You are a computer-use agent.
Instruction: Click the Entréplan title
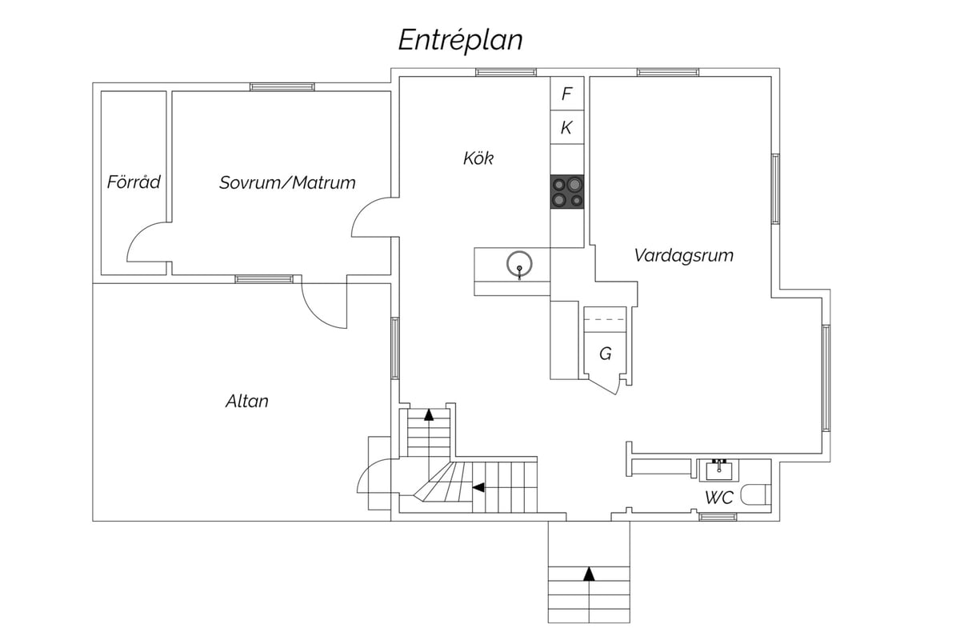click(460, 40)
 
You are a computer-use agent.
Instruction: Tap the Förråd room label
click(134, 182)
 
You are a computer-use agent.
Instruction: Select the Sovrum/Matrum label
click(287, 182)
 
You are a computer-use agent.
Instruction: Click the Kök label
click(478, 158)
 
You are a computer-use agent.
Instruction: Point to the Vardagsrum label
click(683, 255)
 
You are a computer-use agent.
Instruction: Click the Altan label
click(247, 402)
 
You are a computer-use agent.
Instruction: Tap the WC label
click(719, 498)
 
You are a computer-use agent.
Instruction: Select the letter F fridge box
click(567, 94)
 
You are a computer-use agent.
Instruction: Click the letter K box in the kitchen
click(567, 127)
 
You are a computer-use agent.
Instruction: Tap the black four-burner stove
click(567, 192)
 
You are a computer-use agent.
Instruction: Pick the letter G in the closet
click(605, 354)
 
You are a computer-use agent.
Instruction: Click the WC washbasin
click(718, 470)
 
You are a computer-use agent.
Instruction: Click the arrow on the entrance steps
click(590, 574)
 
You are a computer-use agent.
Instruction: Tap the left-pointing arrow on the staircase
click(478, 487)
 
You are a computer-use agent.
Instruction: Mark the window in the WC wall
click(718, 517)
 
